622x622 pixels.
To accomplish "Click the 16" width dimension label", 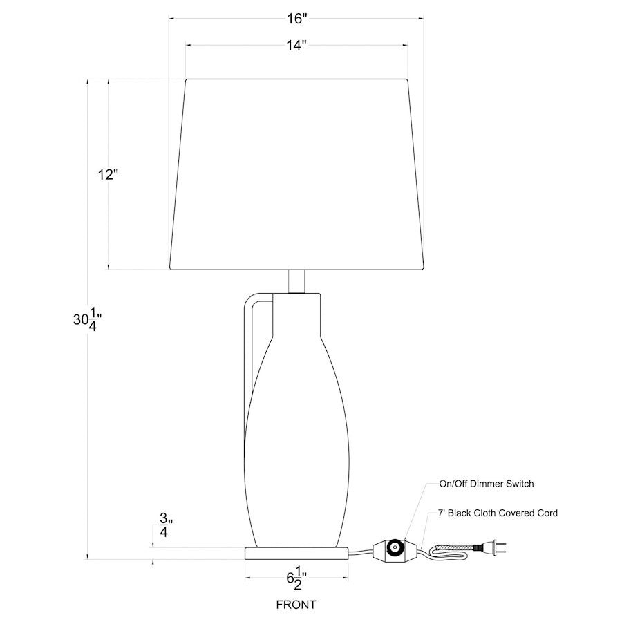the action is (297, 18).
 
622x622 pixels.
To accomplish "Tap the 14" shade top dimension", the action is (296, 46).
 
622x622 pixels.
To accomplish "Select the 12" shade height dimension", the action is (109, 175).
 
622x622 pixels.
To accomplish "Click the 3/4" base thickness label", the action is (165, 525).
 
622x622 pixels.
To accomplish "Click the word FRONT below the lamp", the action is (296, 605).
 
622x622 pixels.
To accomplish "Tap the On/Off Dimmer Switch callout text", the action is (487, 484).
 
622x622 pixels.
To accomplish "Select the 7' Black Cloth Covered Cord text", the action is (498, 513).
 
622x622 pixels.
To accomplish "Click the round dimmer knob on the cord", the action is (395, 547).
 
